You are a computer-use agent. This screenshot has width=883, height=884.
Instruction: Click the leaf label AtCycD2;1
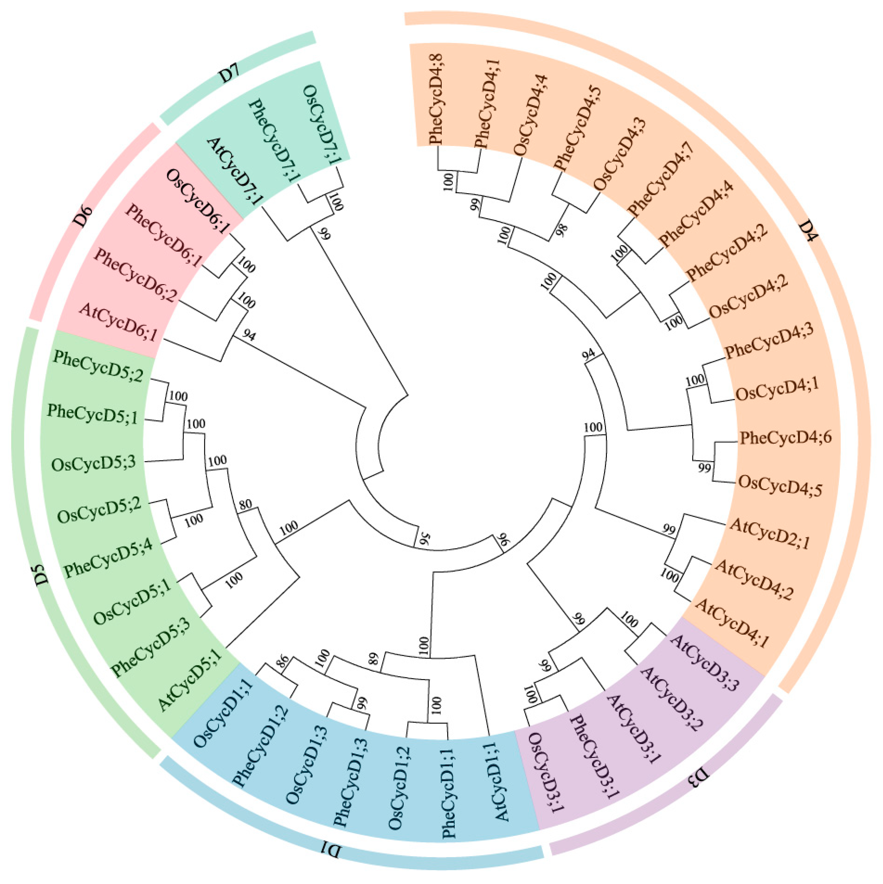click(769, 533)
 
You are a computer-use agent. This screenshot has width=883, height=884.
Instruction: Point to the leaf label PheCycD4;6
click(785, 438)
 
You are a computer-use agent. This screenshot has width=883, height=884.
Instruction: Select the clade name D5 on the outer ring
click(41, 574)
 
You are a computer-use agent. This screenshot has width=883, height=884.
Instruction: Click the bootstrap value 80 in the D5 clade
click(245, 505)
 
